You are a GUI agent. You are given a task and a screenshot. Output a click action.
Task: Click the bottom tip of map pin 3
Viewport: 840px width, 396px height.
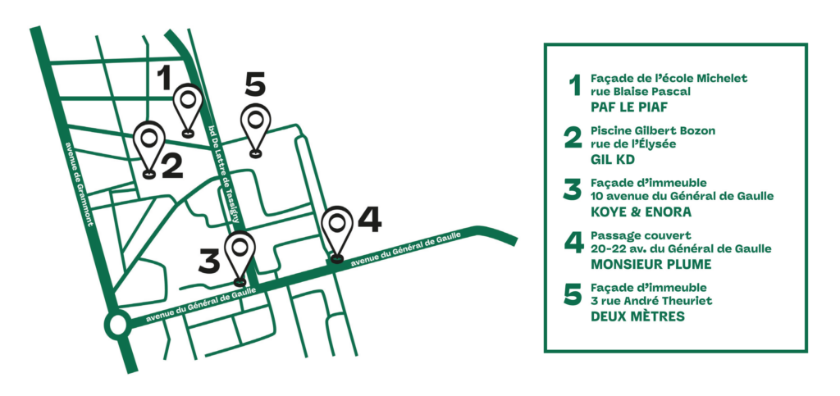[x=240, y=282]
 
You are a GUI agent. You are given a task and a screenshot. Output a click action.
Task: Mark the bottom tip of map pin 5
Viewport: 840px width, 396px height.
[x=256, y=154]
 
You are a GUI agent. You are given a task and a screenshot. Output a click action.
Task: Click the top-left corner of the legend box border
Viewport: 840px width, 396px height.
[x=545, y=44]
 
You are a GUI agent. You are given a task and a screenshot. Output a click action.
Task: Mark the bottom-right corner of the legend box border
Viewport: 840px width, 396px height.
[x=806, y=351]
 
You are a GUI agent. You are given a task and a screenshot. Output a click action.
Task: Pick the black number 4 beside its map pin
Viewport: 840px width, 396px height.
[x=370, y=221]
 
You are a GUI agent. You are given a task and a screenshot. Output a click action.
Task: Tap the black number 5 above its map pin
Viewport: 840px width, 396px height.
[x=255, y=85]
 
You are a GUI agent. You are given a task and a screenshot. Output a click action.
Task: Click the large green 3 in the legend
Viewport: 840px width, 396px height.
[x=572, y=190]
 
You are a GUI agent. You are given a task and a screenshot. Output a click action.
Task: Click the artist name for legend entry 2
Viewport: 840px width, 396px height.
[x=612, y=160]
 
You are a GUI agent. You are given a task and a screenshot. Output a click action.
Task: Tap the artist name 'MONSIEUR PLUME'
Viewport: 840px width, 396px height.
[x=651, y=264]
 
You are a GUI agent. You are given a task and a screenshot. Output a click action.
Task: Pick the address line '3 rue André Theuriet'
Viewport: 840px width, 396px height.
[x=651, y=300]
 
